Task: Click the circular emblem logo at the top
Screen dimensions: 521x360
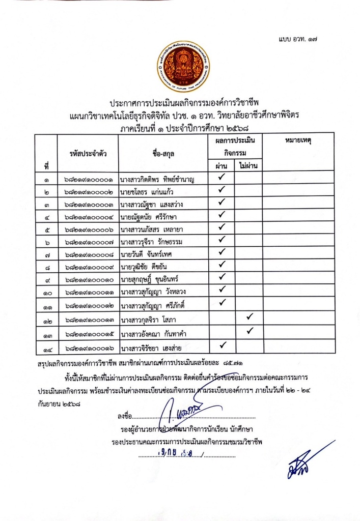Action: pyautogui.click(x=183, y=67)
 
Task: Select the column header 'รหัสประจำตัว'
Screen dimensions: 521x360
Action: pyautogui.click(x=87, y=152)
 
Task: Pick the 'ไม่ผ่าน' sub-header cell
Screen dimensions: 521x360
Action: pyautogui.click(x=248, y=166)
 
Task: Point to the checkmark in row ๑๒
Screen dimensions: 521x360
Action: pyautogui.click(x=250, y=317)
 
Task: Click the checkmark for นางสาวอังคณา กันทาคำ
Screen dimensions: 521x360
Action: pyautogui.click(x=250, y=331)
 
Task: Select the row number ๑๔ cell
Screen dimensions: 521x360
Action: pyautogui.click(x=46, y=349)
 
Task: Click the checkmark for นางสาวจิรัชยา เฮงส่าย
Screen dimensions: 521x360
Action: pyautogui.click(x=221, y=346)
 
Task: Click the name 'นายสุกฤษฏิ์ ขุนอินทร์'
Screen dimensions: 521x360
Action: pyautogui.click(x=151, y=278)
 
